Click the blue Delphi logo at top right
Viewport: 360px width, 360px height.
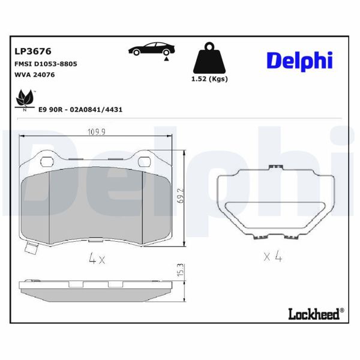click(x=299, y=60)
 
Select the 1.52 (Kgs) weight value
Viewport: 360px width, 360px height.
click(x=209, y=79)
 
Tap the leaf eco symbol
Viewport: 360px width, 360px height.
click(x=25, y=98)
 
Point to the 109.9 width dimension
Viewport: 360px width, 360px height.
click(x=97, y=131)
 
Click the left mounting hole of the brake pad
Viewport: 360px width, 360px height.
click(x=46, y=161)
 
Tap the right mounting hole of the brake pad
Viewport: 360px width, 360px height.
click(x=145, y=161)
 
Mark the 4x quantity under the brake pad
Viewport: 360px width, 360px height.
click(x=97, y=260)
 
